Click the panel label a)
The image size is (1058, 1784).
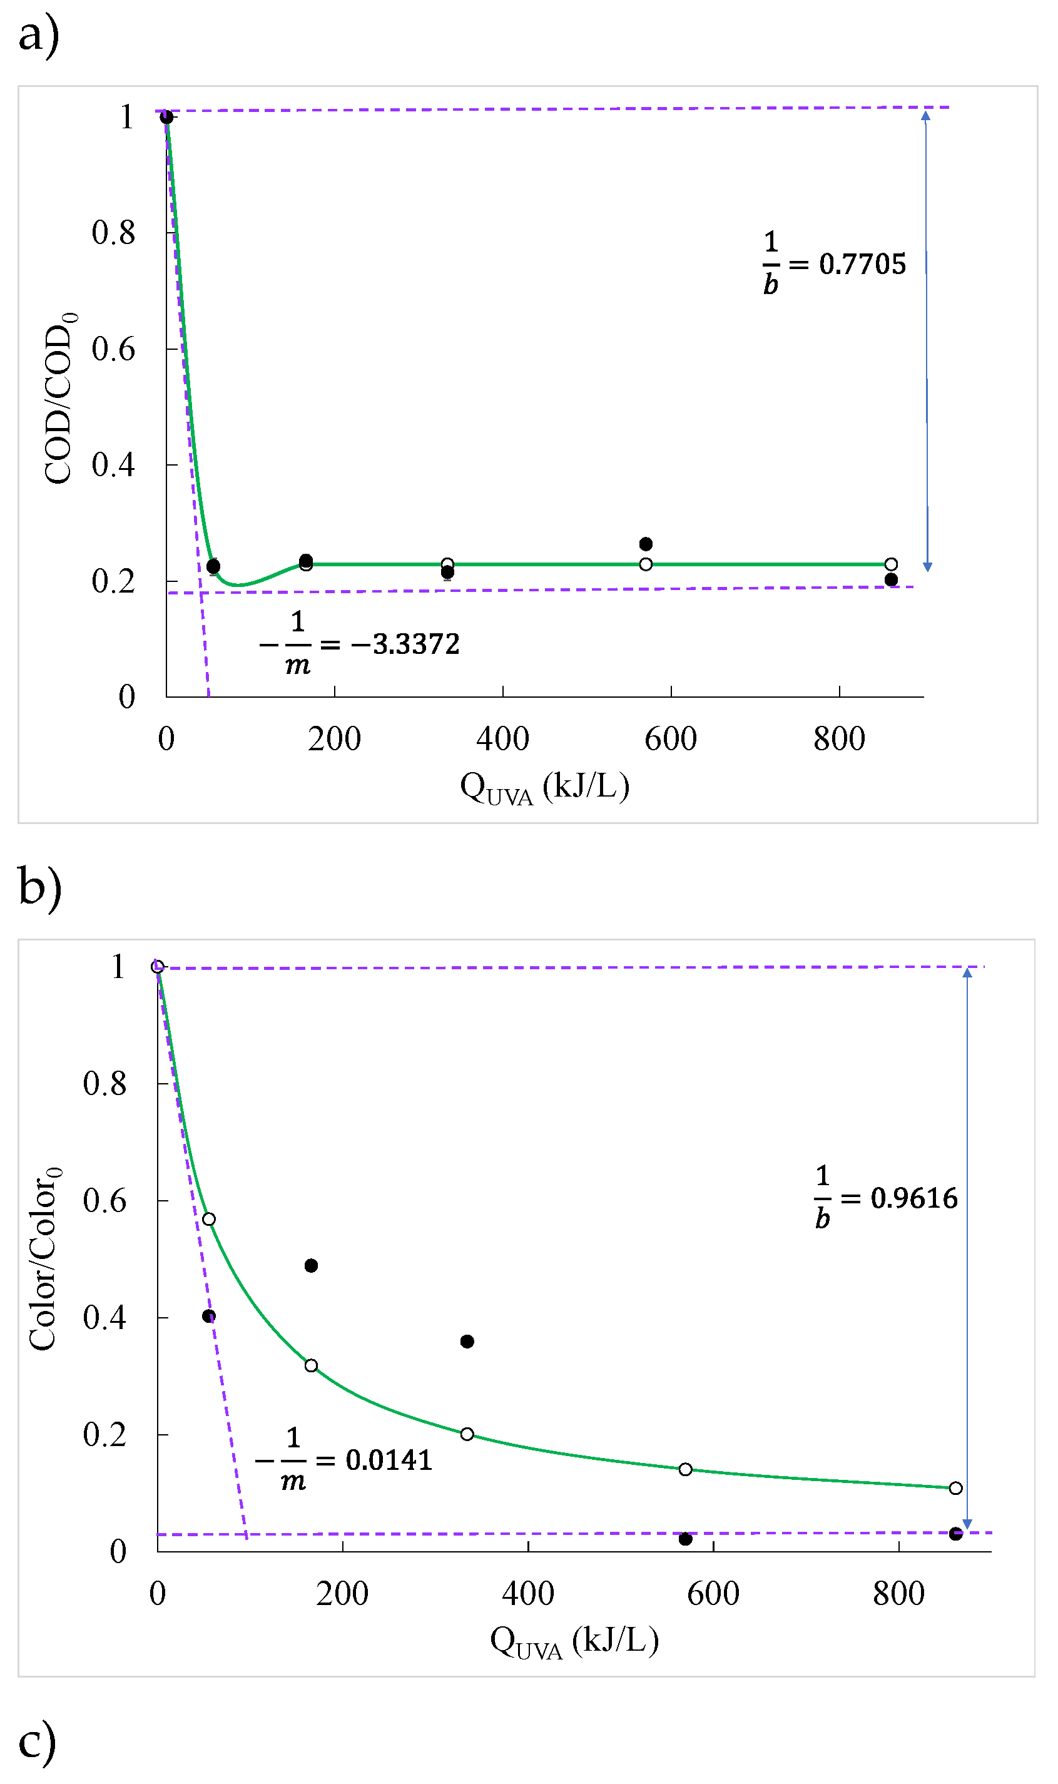click(39, 36)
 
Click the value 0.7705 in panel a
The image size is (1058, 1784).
click(862, 265)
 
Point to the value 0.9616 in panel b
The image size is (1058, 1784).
click(914, 1198)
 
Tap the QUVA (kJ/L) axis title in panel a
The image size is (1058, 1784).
click(545, 787)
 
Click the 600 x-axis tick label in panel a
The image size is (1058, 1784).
click(670, 740)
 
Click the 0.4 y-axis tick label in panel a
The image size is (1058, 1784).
click(113, 465)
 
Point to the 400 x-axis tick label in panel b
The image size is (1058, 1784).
click(527, 1594)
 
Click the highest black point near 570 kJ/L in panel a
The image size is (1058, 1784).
click(645, 544)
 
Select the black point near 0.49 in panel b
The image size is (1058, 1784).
click(311, 1266)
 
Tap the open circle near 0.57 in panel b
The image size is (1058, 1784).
click(209, 1220)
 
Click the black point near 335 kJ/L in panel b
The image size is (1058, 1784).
click(467, 1342)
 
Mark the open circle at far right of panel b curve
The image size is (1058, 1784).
click(955, 1488)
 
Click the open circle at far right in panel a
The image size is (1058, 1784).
click(890, 564)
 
